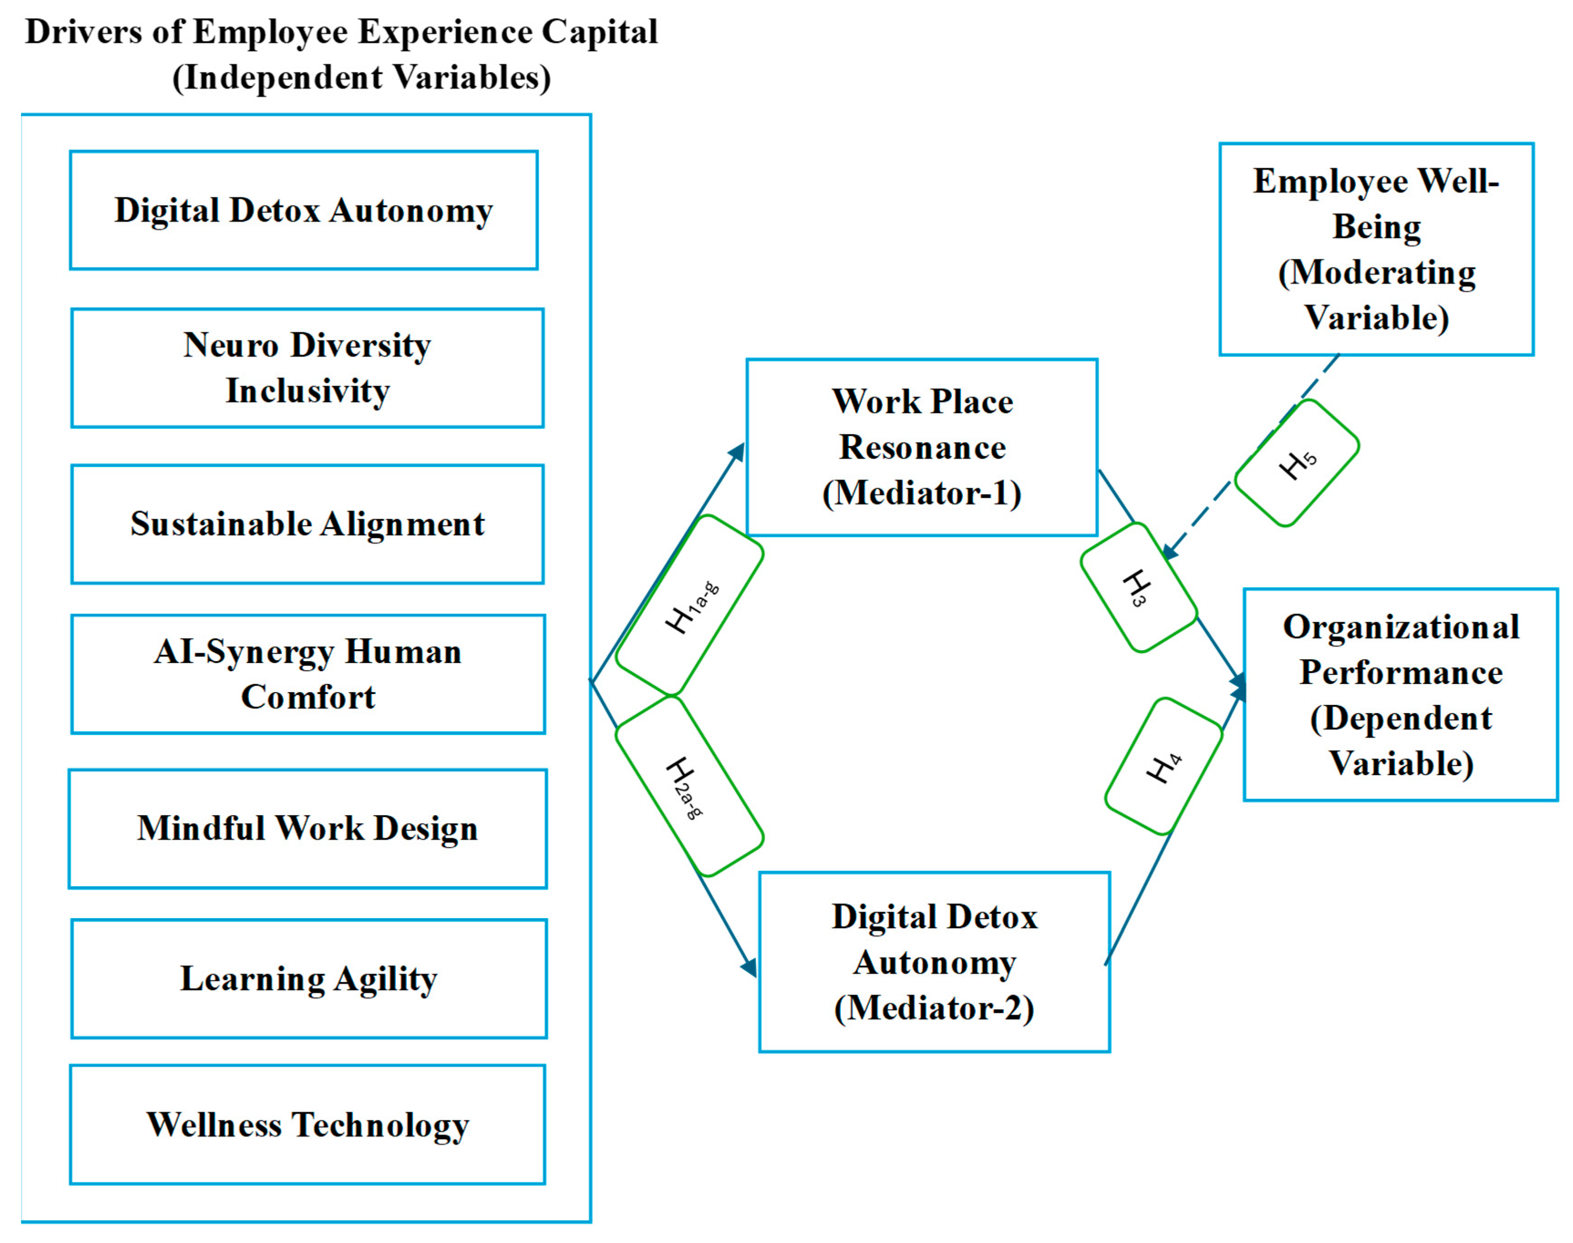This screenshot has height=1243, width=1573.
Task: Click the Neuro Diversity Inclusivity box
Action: tap(307, 368)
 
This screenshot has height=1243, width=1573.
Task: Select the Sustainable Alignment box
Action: tap(307, 524)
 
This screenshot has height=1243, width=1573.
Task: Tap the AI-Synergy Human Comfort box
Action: tap(307, 674)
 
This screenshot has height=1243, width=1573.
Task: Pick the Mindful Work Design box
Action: tap(307, 828)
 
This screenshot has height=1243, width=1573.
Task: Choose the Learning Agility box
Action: tap(308, 978)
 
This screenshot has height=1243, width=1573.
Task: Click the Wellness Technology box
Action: tap(307, 1125)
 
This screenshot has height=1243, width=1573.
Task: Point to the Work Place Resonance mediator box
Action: tap(921, 447)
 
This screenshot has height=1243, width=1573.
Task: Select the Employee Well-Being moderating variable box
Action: tap(1376, 249)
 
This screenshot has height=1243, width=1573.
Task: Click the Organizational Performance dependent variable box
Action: tap(1400, 694)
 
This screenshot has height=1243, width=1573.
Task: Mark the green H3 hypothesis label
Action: tap(1138, 586)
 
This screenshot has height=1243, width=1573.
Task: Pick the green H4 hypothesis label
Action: tap(1163, 765)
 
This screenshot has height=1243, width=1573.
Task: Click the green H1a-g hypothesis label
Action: tap(689, 606)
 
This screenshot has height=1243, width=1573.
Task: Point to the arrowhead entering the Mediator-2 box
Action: tap(749, 967)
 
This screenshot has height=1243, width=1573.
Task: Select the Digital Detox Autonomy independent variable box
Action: tap(303, 211)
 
